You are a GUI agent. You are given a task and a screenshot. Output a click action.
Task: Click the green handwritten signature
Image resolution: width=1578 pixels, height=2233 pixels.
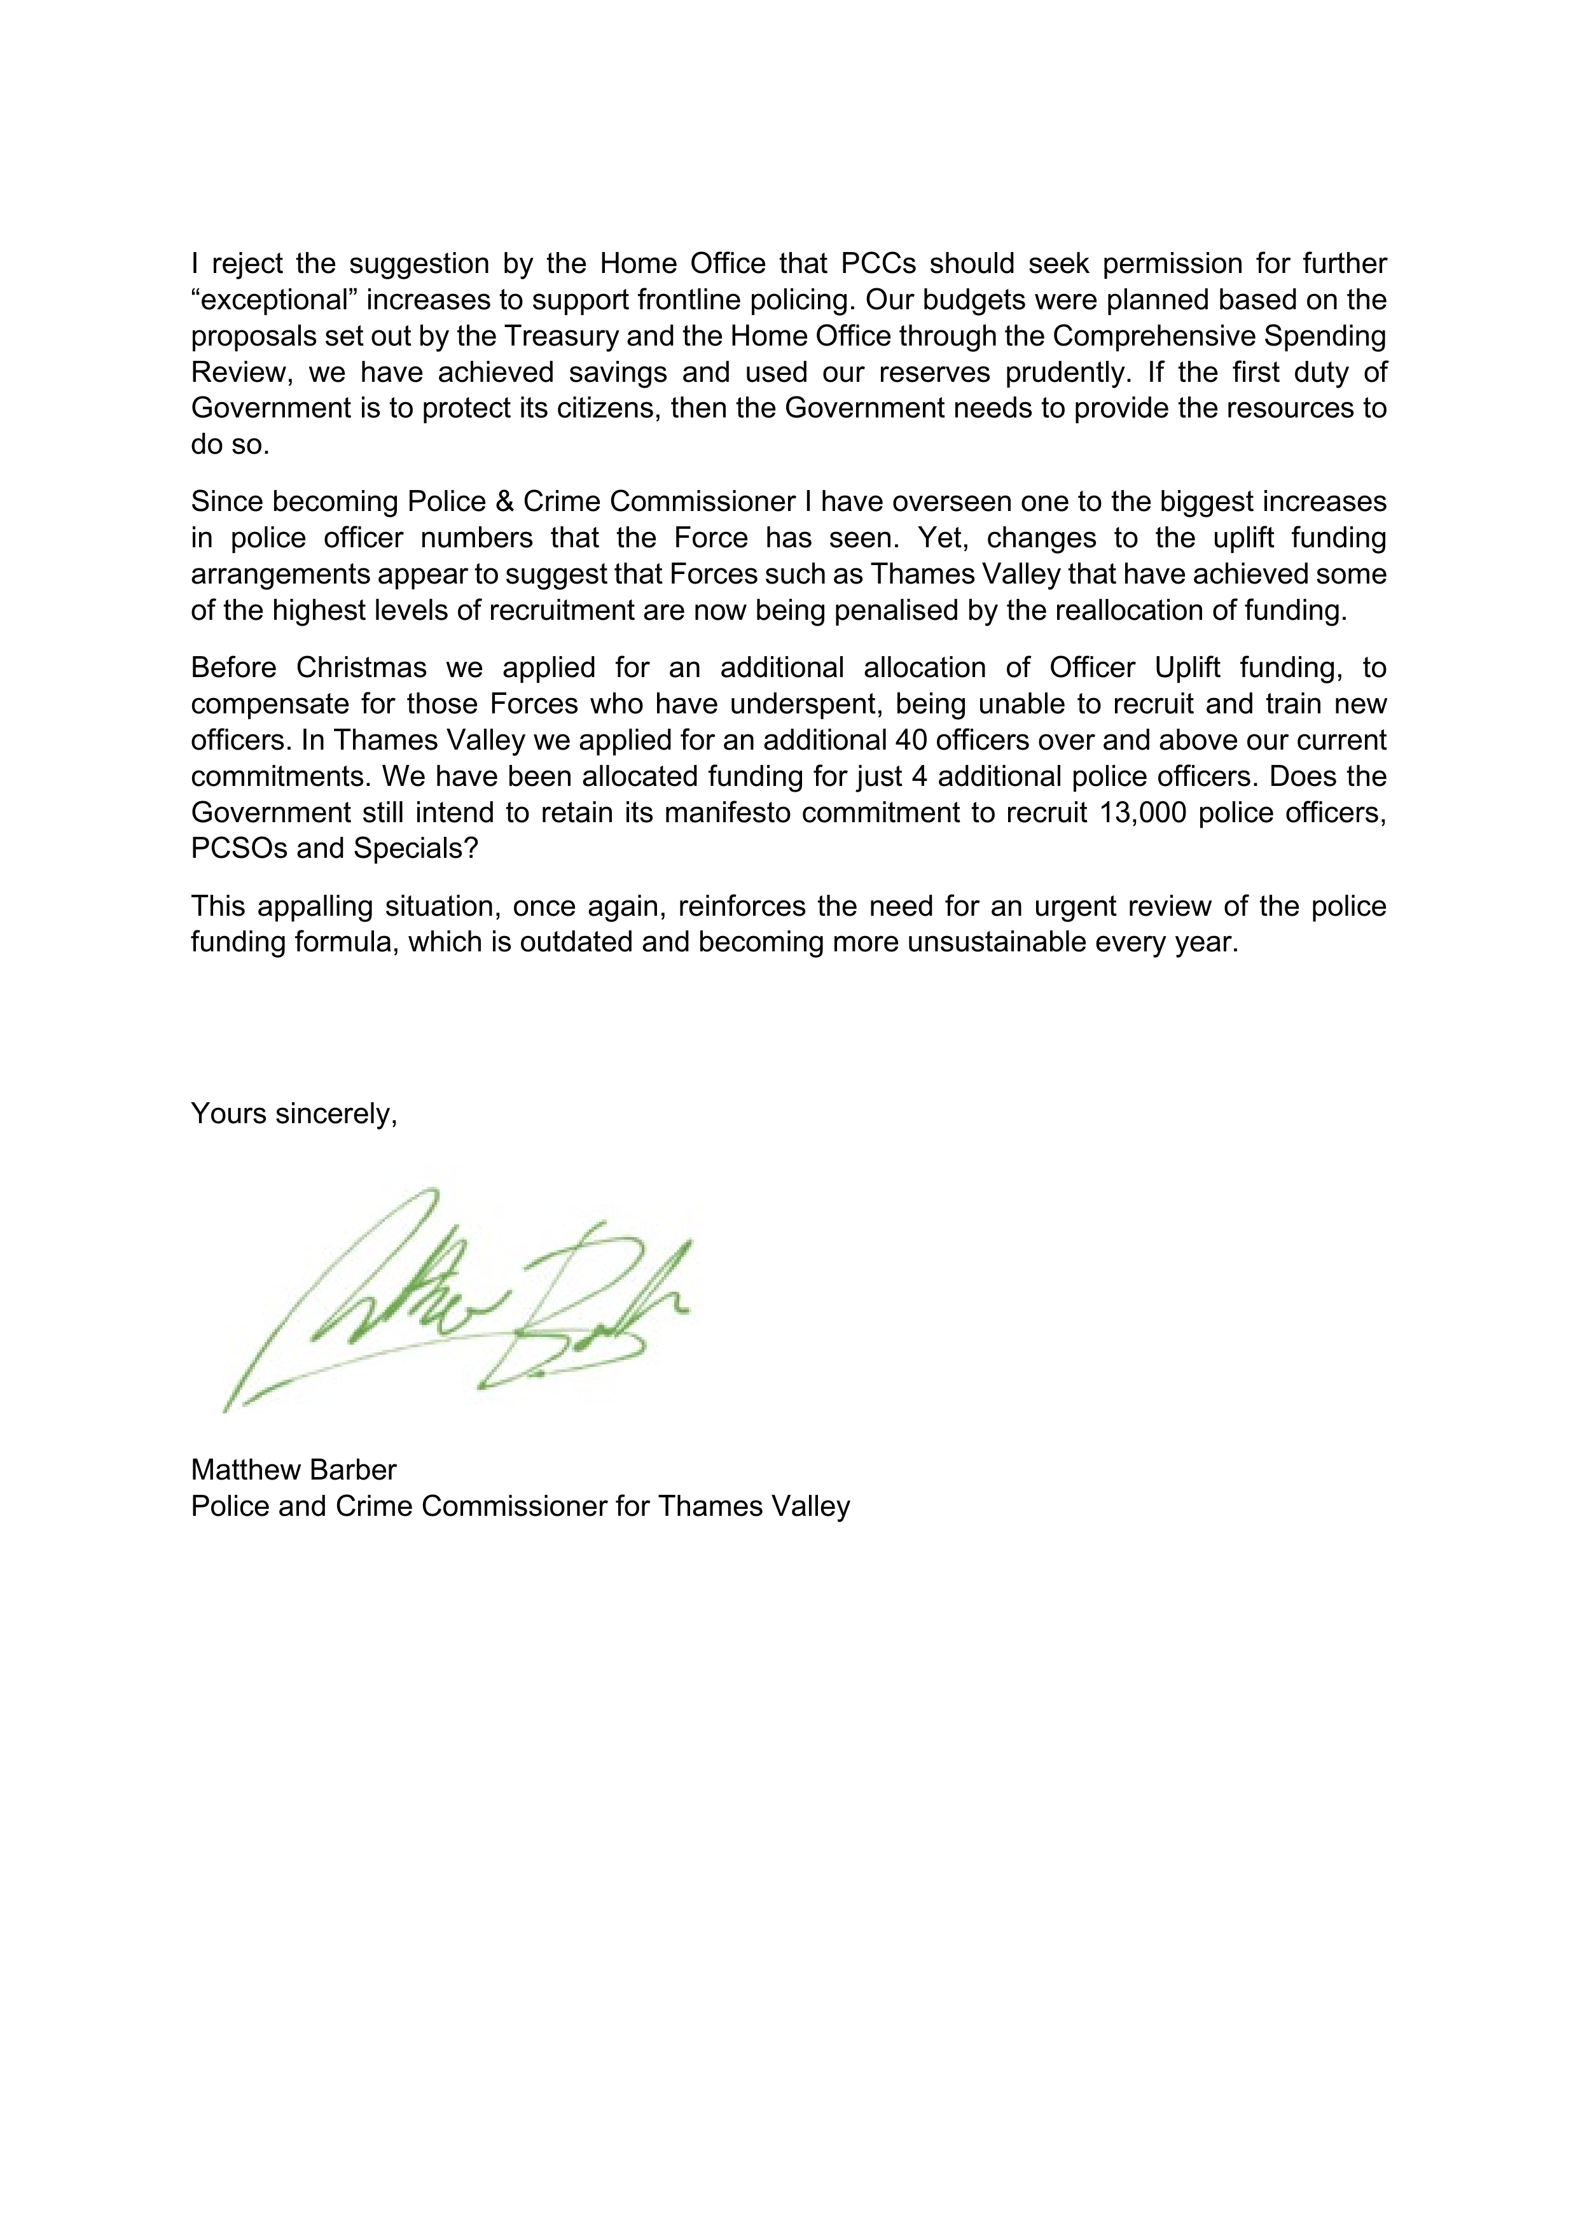pyautogui.click(x=457, y=1298)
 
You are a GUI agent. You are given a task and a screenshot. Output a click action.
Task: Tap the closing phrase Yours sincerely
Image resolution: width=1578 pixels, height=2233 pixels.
pyautogui.click(x=294, y=1114)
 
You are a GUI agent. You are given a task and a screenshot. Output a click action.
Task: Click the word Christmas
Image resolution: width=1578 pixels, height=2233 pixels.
pyautogui.click(x=362, y=668)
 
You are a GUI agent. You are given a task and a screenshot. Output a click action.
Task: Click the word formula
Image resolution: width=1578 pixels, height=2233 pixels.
pyautogui.click(x=347, y=942)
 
